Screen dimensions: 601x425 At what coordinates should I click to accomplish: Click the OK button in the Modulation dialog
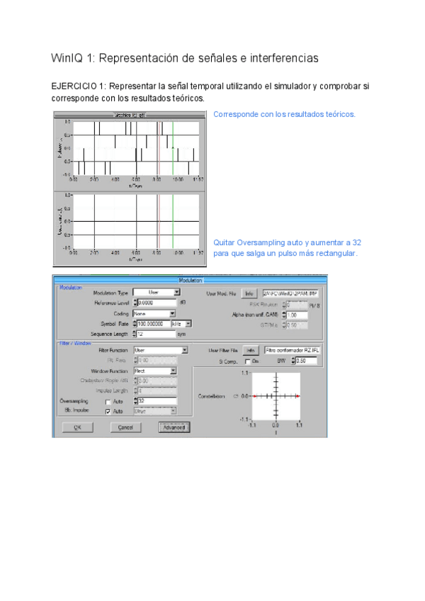[x=78, y=427]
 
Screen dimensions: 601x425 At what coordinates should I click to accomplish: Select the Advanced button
[x=173, y=427]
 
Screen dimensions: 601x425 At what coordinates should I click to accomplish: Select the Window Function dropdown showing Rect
[x=154, y=371]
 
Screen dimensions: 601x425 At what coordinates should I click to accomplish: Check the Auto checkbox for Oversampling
[x=108, y=402]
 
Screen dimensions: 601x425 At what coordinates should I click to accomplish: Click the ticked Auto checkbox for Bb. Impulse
[x=108, y=411]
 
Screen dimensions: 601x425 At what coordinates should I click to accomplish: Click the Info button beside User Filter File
[x=249, y=350]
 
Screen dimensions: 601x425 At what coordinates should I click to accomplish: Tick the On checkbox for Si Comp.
[x=247, y=361]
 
